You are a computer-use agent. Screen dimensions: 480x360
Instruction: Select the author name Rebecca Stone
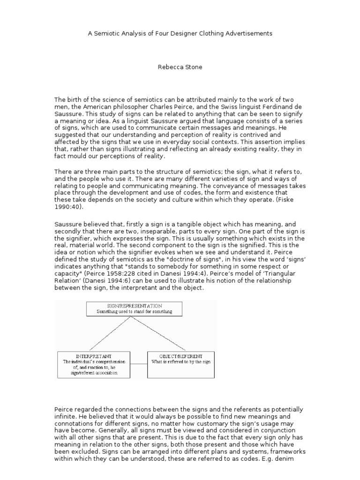pos(180,67)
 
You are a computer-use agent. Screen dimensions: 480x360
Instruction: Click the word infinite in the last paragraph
pos(66,416)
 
